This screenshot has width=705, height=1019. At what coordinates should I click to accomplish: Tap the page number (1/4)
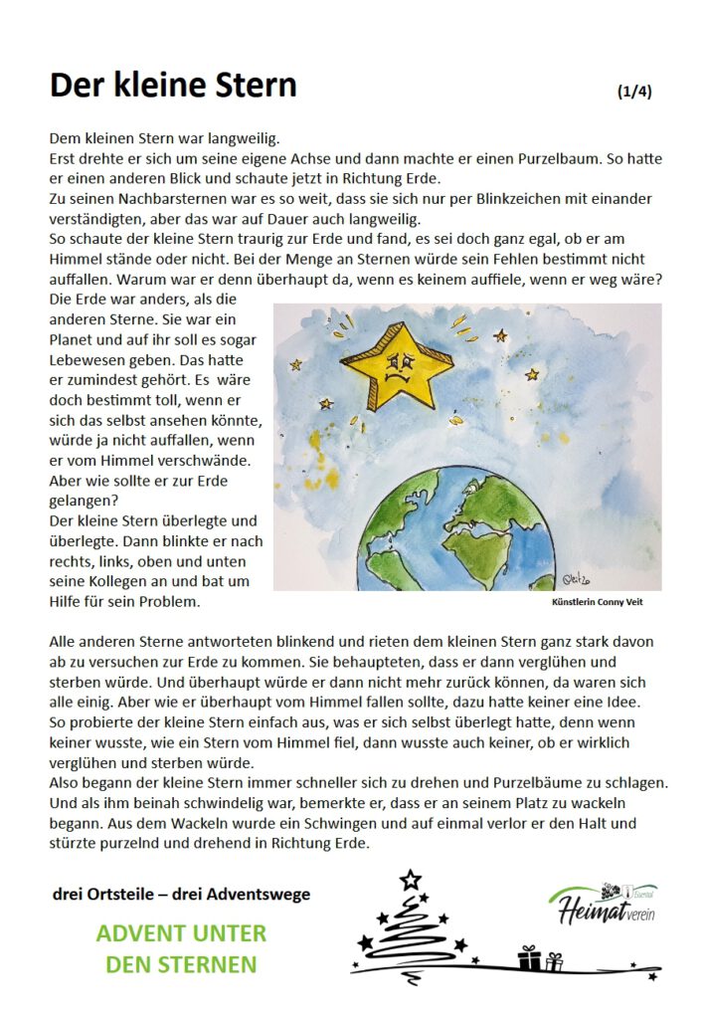(634, 92)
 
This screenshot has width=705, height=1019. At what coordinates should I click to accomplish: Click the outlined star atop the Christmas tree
(410, 880)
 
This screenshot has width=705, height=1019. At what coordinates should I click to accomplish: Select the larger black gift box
(529, 958)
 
